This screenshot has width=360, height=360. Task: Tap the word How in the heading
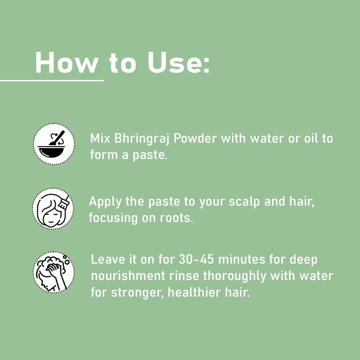[x=67, y=62]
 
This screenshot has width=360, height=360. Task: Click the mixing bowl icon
[x=54, y=144]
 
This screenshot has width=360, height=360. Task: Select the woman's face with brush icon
[x=53, y=208]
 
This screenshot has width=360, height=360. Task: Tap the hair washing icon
[x=54, y=272]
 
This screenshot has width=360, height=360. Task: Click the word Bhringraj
[x=142, y=139]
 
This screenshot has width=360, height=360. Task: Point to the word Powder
[x=195, y=138]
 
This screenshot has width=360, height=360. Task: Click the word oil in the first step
[x=311, y=138]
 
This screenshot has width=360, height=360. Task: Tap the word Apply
[x=105, y=202]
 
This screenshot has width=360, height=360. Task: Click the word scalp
[x=244, y=202]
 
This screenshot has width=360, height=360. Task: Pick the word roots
[x=176, y=218]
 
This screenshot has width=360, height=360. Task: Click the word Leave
[x=108, y=259]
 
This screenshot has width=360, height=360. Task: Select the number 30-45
[x=196, y=259]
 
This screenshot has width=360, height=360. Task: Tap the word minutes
[x=242, y=259]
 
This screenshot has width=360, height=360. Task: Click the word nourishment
[x=128, y=276]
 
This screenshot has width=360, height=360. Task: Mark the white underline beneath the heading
[x=52, y=81]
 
